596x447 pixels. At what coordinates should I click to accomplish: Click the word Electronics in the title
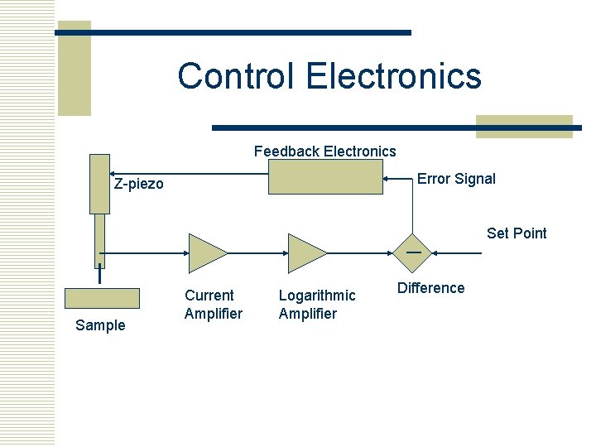click(x=393, y=76)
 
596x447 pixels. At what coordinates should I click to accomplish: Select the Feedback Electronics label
click(x=324, y=151)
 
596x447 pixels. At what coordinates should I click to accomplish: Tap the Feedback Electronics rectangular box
click(x=326, y=177)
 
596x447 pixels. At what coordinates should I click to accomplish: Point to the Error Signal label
click(x=456, y=179)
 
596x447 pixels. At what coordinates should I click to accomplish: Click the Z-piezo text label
click(x=139, y=184)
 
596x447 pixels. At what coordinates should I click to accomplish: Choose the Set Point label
click(x=517, y=233)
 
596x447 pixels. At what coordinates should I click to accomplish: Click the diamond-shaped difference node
click(x=411, y=253)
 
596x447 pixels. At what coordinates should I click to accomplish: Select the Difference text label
click(x=430, y=288)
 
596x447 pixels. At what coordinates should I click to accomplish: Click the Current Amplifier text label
click(x=213, y=305)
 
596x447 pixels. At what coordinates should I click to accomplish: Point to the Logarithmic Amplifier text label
click(x=317, y=305)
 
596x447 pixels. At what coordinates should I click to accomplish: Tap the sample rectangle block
click(x=102, y=298)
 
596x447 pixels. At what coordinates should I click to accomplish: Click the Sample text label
click(x=100, y=325)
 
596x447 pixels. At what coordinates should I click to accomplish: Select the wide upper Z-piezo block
click(x=99, y=184)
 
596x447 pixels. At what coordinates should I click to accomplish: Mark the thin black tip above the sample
click(x=99, y=274)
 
